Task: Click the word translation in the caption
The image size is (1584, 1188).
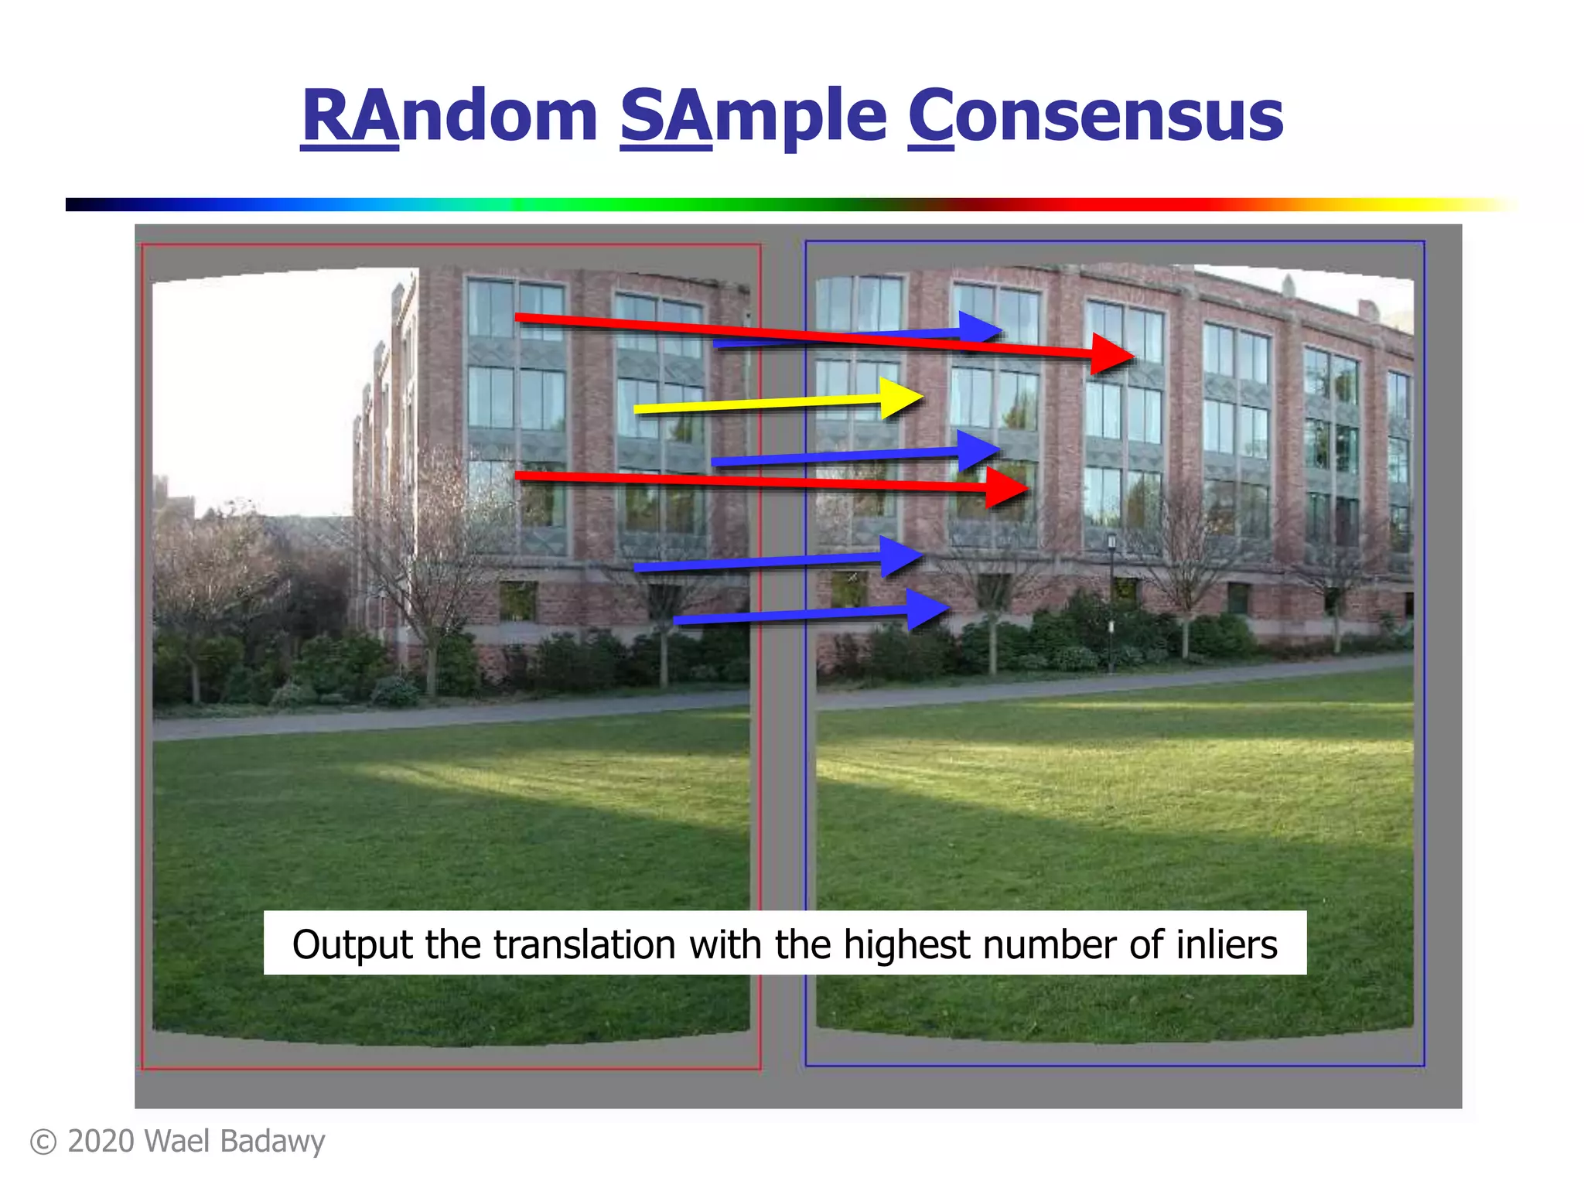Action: pos(585,945)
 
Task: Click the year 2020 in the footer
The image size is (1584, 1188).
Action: pos(101,1142)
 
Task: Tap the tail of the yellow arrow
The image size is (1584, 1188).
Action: pos(637,409)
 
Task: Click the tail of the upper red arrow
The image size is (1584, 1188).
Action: pos(518,317)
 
